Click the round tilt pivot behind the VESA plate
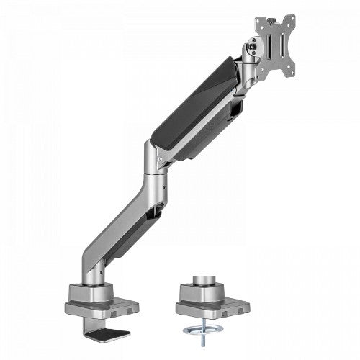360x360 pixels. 251,51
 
